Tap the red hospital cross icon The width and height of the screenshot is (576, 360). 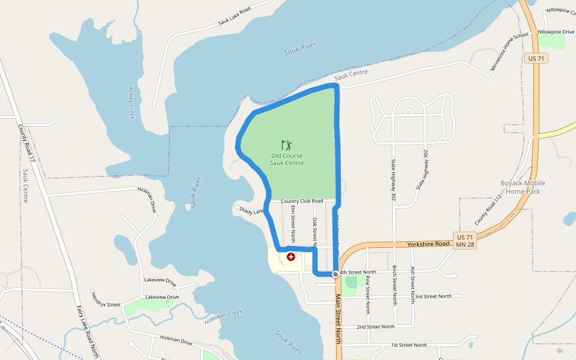291,257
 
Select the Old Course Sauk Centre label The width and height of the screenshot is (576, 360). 287,159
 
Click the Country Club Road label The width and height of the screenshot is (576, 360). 302,201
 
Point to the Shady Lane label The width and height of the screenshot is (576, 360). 251,210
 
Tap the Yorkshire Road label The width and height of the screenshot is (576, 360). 428,244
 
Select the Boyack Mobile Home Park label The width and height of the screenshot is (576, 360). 523,187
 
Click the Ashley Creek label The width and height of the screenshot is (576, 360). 131,102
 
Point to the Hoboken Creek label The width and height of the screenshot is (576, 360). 223,316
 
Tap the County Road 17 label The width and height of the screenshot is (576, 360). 26,143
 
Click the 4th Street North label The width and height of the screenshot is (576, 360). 358,272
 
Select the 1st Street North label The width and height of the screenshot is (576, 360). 409,345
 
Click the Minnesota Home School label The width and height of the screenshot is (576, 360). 509,52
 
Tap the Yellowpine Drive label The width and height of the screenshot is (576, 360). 555,31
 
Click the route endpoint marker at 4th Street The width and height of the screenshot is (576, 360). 335,274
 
